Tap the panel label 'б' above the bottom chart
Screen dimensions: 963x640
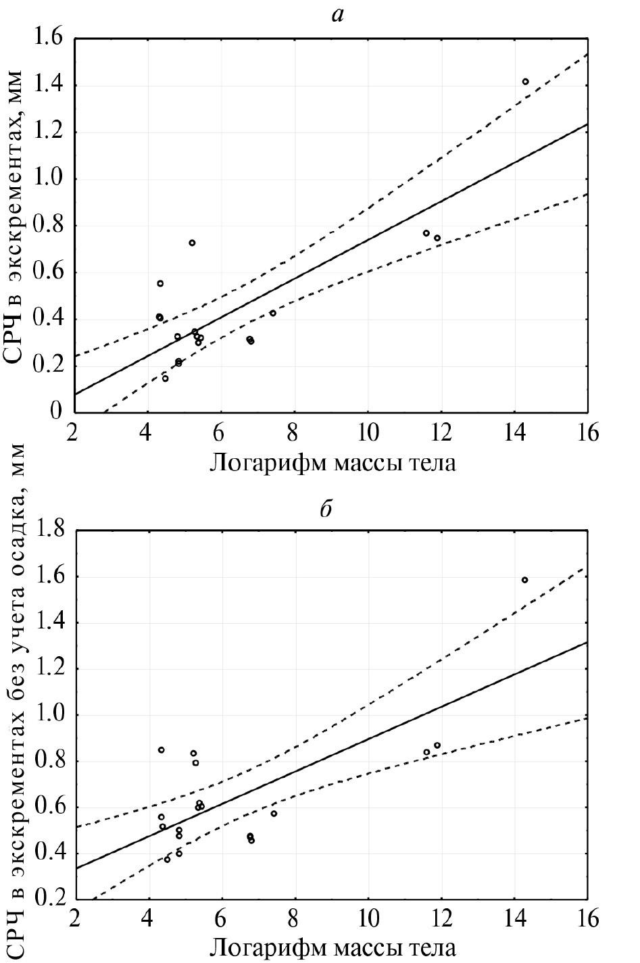(x=326, y=509)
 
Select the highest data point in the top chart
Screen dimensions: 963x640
(x=525, y=82)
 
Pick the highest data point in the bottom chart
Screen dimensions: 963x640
(x=524, y=580)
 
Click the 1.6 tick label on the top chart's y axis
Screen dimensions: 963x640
(x=47, y=39)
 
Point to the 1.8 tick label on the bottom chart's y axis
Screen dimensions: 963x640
(x=47, y=530)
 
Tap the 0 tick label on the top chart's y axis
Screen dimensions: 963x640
(x=57, y=412)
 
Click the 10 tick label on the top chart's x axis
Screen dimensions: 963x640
(x=368, y=433)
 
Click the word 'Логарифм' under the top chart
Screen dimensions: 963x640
(x=260, y=464)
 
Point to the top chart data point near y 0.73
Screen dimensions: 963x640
(x=192, y=243)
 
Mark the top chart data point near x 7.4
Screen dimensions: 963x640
(x=273, y=313)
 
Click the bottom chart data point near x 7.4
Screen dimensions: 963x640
(x=274, y=814)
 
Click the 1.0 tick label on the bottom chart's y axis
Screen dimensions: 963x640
(x=47, y=715)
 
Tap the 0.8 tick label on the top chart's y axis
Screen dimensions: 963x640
(x=47, y=226)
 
